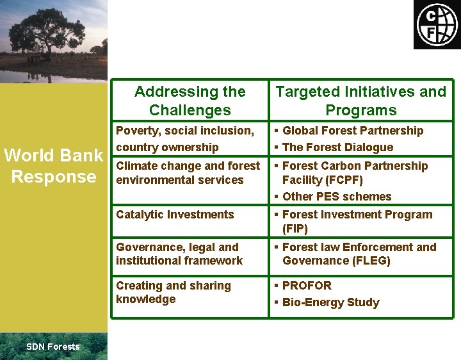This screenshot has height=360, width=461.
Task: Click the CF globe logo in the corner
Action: tap(437, 24)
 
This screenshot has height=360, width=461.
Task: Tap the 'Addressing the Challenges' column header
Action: tap(190, 101)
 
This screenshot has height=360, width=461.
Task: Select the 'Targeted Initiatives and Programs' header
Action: tap(360, 101)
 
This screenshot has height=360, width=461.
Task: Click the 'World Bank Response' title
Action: tap(54, 165)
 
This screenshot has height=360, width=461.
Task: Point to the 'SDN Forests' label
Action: tap(53, 347)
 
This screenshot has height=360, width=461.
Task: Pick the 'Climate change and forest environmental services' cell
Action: tap(188, 173)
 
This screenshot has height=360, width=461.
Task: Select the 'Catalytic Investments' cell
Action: tap(175, 215)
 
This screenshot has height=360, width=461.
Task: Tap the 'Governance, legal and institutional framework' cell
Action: tap(179, 254)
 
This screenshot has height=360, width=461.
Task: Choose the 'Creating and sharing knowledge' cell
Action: tap(173, 292)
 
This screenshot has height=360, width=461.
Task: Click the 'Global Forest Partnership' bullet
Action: tap(352, 131)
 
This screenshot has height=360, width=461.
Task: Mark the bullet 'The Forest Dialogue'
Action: tap(337, 147)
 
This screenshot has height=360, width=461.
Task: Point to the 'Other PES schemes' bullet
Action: tap(336, 197)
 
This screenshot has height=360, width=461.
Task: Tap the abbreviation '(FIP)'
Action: tap(295, 229)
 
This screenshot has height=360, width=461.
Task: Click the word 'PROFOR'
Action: tap(307, 286)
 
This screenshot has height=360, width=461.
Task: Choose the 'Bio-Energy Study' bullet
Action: tap(330, 302)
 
